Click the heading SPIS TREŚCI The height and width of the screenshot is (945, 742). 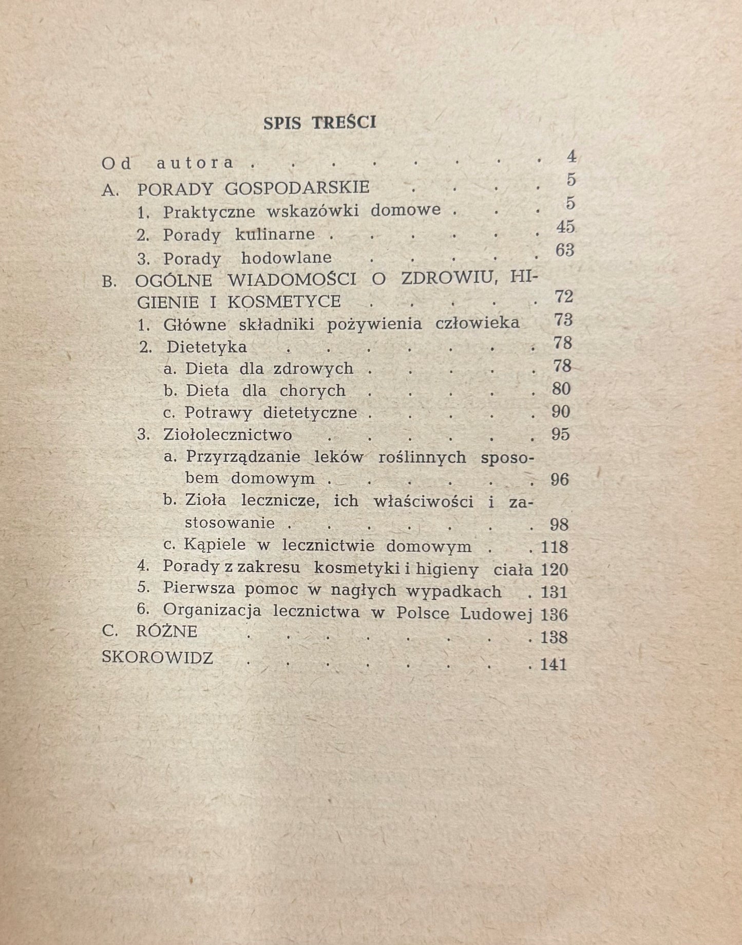pos(319,123)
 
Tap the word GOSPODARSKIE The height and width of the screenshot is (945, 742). pos(297,188)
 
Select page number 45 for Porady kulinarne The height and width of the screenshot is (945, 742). pos(565,227)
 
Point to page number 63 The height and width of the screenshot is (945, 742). pos(565,250)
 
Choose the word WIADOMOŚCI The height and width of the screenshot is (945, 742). pos(292,280)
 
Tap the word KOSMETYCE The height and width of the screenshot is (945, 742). pos(283,301)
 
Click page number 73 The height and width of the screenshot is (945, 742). pos(563,320)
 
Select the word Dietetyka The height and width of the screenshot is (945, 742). pos(206,347)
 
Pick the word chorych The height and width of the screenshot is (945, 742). pos(312,391)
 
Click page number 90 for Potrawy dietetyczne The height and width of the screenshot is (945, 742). pos(561,412)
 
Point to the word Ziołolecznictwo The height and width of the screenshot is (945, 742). pos(227,435)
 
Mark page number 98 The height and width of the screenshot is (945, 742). pos(559,524)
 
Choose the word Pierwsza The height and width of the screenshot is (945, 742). pos(199,589)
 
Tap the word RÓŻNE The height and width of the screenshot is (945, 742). pos(167,631)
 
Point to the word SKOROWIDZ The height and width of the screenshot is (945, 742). pos(157,658)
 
